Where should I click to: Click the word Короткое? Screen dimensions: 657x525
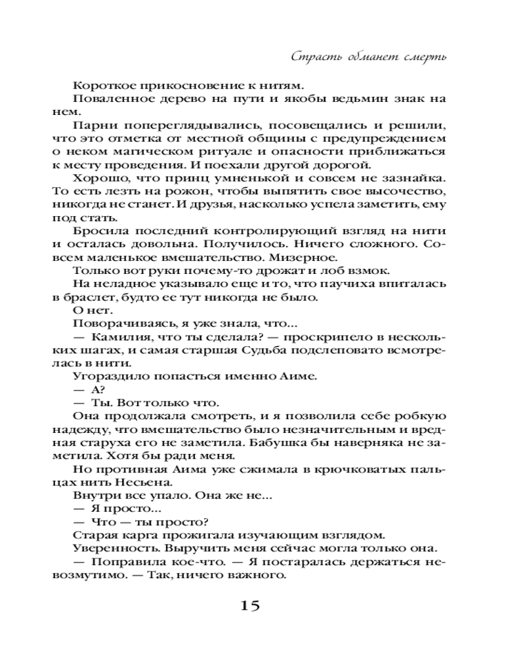(x=102, y=85)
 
